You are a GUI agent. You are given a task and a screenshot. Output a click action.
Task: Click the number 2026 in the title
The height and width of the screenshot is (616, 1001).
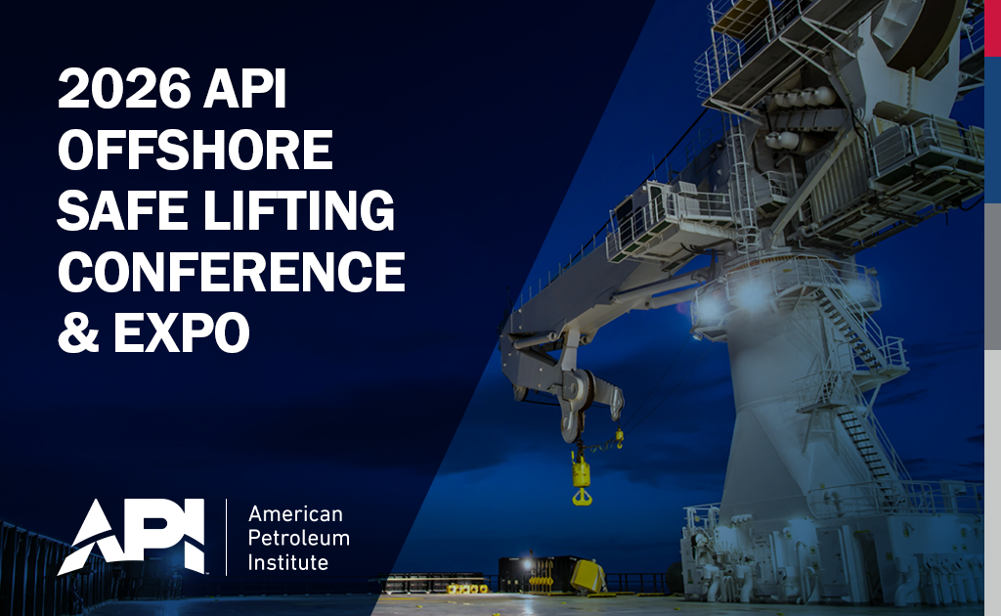(x=124, y=88)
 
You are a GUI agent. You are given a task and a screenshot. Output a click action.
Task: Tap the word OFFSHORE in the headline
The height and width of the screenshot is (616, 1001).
(x=196, y=150)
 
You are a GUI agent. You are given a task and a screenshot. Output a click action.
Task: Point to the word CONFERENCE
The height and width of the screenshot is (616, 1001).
(x=231, y=271)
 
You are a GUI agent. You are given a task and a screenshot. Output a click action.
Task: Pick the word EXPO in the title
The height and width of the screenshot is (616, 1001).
(x=181, y=331)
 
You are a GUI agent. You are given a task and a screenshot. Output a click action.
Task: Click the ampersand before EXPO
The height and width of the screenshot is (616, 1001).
(x=78, y=331)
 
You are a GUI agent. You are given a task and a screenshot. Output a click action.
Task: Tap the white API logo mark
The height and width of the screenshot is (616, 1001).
(x=132, y=537)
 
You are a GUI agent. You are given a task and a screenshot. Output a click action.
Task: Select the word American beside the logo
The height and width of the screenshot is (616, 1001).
(x=295, y=514)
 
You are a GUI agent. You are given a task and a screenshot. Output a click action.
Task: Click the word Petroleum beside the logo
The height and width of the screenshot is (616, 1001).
(x=299, y=538)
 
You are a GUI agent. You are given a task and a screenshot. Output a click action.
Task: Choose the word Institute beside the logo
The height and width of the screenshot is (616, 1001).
(x=288, y=562)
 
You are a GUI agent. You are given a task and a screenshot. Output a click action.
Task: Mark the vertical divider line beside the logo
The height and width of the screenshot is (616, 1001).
(x=227, y=537)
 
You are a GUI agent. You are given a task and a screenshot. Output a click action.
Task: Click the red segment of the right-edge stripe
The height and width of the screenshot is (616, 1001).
(x=993, y=28)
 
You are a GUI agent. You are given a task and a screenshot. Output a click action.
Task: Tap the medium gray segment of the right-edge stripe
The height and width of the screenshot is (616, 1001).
(x=993, y=277)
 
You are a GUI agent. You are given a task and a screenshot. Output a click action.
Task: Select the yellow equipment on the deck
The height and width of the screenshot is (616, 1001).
(x=588, y=576)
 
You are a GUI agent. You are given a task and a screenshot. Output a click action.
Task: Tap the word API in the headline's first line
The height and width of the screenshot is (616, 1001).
(x=244, y=88)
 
